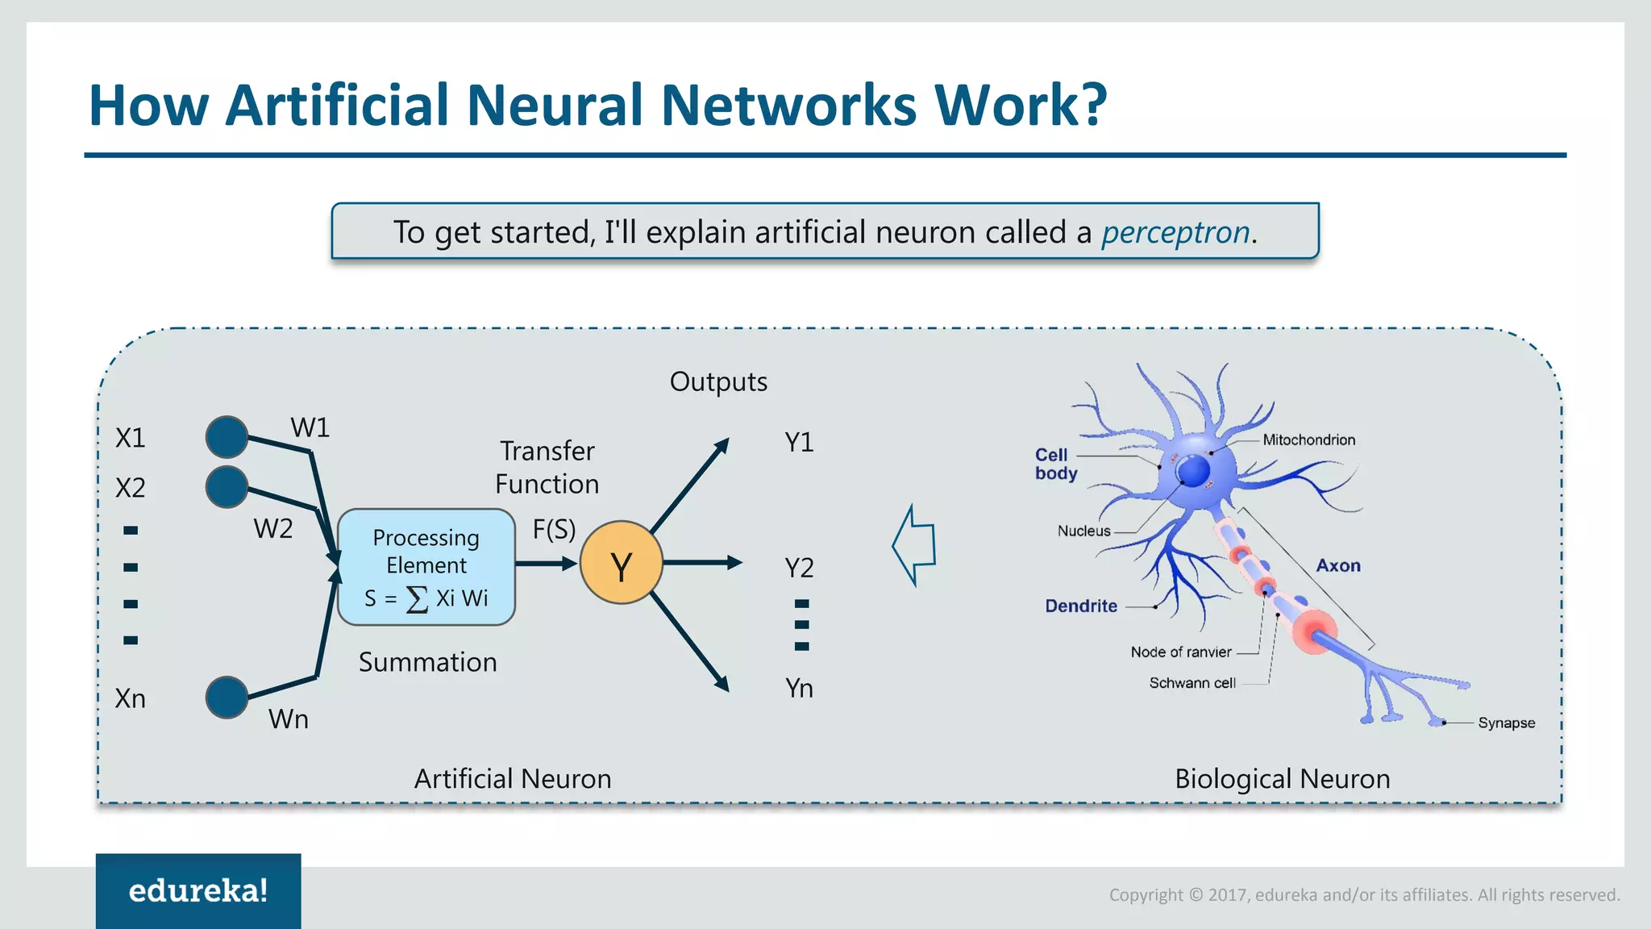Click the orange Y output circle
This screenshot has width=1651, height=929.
(621, 563)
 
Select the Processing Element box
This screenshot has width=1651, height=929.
(426, 567)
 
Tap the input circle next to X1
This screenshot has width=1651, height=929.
(227, 436)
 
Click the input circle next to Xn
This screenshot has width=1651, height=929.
(227, 697)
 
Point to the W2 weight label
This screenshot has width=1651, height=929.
(272, 529)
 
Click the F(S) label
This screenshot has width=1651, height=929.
(554, 530)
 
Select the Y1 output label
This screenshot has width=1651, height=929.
(799, 443)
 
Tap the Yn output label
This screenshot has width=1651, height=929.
(799, 689)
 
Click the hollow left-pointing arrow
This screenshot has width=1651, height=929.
(915, 545)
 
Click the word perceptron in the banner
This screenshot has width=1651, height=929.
(1175, 232)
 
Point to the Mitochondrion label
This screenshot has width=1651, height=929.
(1308, 440)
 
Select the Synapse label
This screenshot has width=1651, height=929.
(1506, 723)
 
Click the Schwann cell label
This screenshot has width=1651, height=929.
(1191, 683)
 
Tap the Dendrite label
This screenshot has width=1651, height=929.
(1081, 606)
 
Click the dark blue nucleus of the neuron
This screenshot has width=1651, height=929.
(1194, 471)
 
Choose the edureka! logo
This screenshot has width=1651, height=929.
(198, 890)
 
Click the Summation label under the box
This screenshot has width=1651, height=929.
(427, 663)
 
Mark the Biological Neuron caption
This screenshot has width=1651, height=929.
(1282, 779)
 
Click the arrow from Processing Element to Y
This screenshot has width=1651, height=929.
(546, 563)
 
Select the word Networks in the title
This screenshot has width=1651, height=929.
(788, 106)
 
